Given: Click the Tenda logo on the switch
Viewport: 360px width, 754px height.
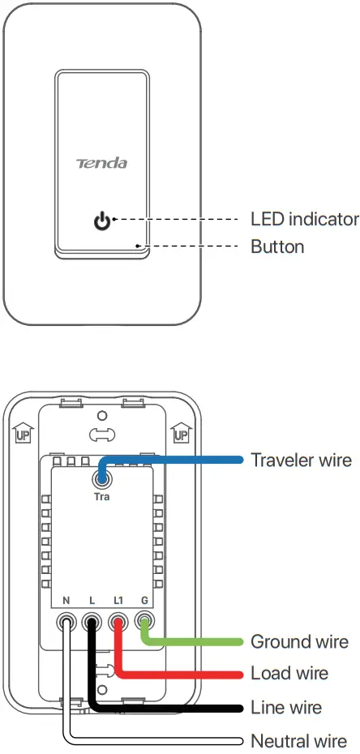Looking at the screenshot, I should (x=101, y=163).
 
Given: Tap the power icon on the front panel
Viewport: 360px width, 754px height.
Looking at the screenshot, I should (x=101, y=220).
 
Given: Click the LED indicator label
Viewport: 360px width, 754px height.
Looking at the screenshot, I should (x=304, y=219).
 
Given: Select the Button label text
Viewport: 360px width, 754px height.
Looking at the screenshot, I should (x=277, y=246).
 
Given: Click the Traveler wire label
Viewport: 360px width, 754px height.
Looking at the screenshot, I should (x=301, y=460).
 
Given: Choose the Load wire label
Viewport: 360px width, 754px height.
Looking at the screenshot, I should (x=289, y=674).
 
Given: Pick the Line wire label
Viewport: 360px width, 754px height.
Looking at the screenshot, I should (x=286, y=708).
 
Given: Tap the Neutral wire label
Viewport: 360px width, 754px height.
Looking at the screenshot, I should (x=299, y=741).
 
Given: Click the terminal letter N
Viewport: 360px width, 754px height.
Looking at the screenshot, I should (x=66, y=601).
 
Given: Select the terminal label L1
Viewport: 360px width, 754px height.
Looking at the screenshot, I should (x=118, y=601).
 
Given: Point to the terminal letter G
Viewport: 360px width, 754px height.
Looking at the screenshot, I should (x=144, y=601).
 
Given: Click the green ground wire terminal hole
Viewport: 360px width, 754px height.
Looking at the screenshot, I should (x=145, y=623).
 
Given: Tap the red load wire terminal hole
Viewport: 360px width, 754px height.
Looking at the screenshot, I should (x=118, y=623).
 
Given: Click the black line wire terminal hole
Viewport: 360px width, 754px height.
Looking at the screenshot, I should (x=92, y=623).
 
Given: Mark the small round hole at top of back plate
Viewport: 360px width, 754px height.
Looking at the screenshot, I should (x=102, y=416).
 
